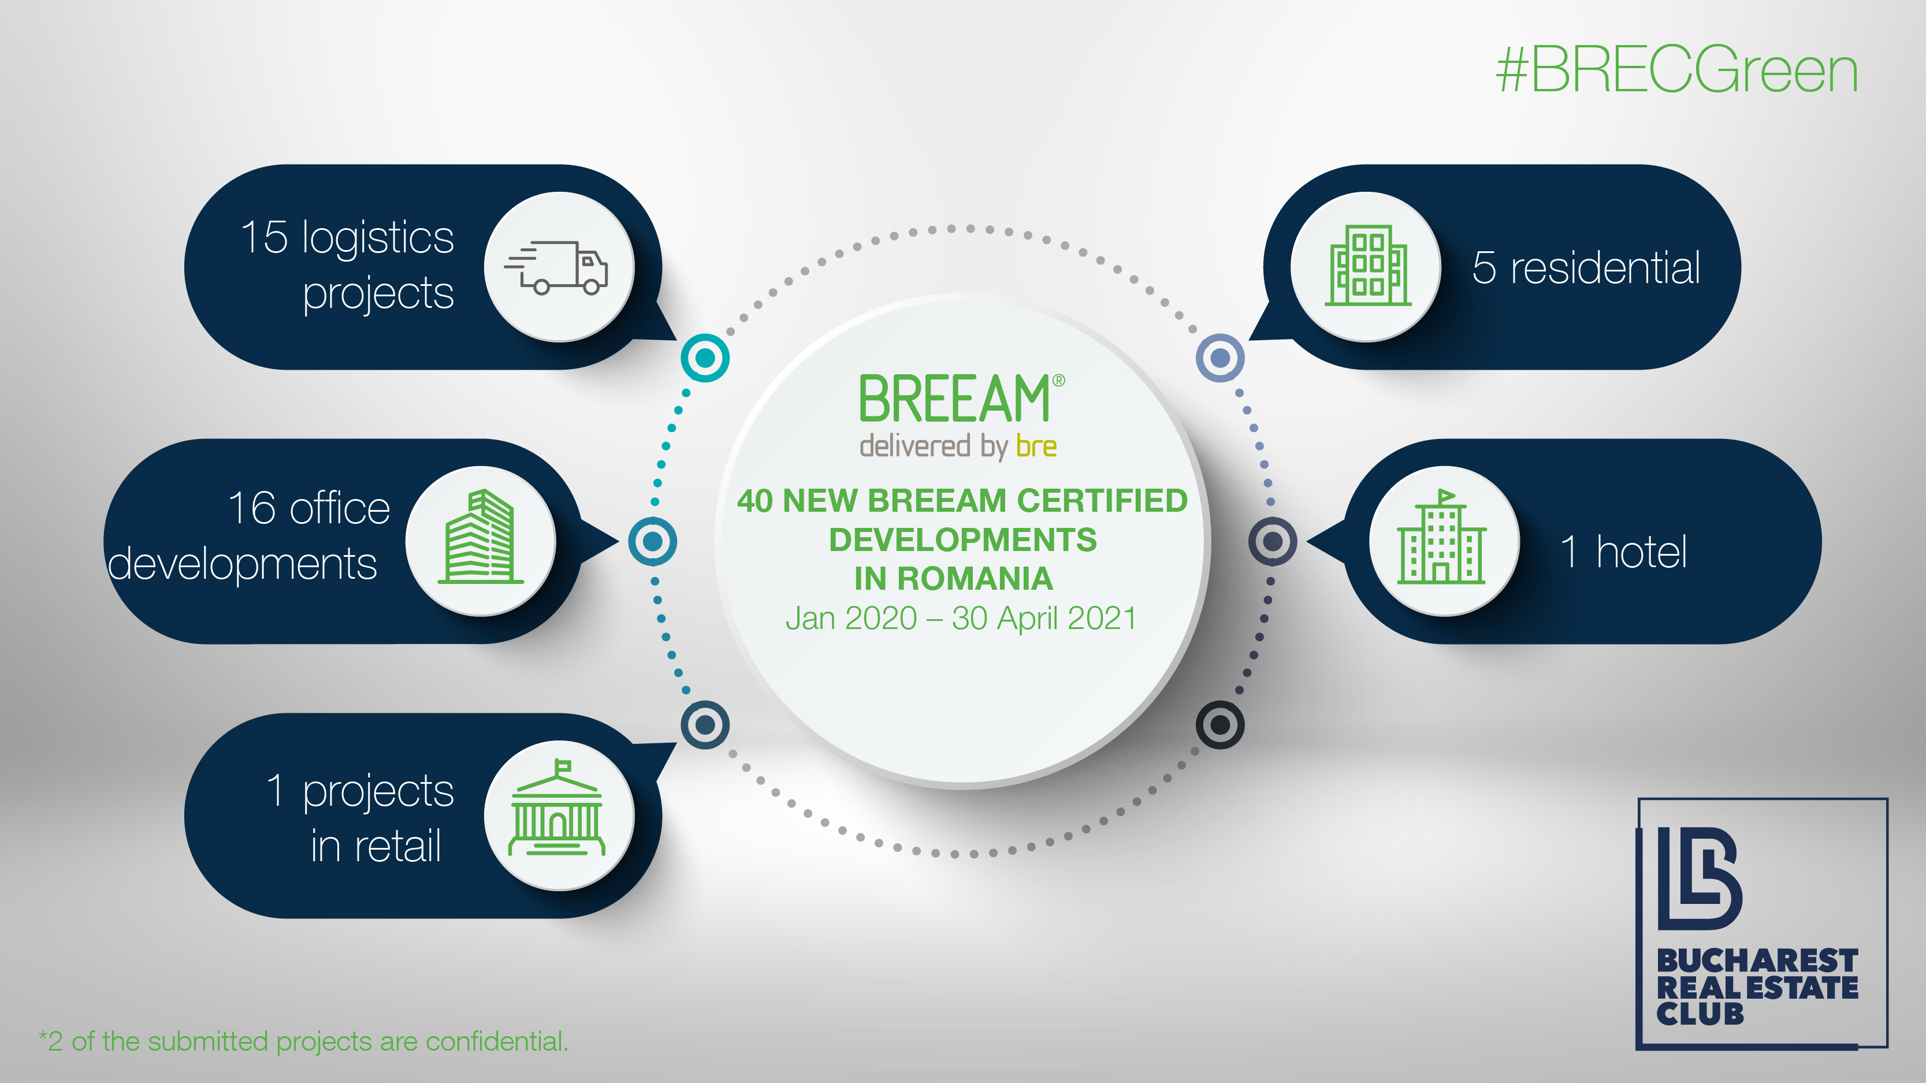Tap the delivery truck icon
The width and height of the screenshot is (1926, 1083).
click(556, 267)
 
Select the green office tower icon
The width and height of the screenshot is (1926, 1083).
click(480, 536)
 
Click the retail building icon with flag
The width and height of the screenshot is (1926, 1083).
click(557, 808)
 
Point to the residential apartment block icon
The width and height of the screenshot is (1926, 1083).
click(1367, 265)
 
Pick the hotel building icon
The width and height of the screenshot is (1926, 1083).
click(1441, 536)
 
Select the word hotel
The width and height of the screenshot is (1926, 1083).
click(1641, 552)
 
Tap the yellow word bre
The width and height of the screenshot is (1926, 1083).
click(1036, 446)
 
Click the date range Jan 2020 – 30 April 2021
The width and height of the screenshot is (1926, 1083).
click(961, 618)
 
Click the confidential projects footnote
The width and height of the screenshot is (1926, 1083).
click(303, 1041)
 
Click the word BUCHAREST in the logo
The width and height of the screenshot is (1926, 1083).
click(1757, 961)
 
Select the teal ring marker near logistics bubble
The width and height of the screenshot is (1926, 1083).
click(705, 358)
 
